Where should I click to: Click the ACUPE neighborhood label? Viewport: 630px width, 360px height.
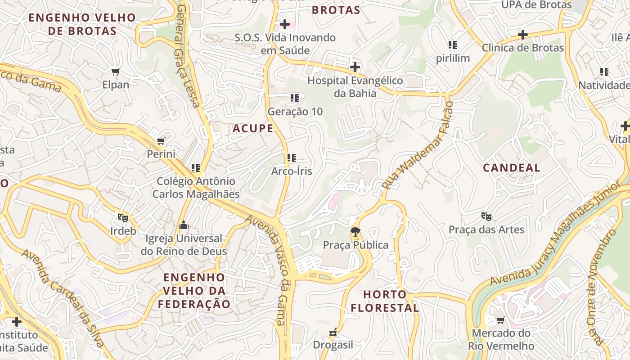click(253, 129)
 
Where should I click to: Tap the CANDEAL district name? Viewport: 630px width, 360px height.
click(512, 168)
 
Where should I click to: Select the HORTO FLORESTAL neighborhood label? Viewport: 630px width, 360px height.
click(385, 301)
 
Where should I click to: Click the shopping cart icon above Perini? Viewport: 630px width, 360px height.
click(161, 141)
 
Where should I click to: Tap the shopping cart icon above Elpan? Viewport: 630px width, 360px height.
click(116, 72)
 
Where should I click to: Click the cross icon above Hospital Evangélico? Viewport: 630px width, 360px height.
click(355, 67)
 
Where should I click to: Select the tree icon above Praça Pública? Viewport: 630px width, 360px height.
click(355, 232)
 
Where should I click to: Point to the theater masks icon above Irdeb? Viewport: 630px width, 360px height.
click(122, 218)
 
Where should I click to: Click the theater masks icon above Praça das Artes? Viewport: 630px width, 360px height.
click(486, 216)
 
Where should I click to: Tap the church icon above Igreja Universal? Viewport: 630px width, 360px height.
click(184, 225)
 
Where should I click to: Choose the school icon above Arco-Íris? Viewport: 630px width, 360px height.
click(292, 158)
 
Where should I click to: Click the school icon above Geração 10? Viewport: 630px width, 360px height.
click(295, 98)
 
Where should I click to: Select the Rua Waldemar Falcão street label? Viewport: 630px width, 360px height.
click(417, 145)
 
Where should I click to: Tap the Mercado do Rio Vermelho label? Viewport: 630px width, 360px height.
click(501, 340)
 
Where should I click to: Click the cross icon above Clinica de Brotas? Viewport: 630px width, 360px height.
click(522, 35)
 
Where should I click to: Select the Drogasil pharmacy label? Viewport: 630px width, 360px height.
click(333, 345)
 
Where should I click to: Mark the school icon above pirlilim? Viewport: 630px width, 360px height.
click(453, 45)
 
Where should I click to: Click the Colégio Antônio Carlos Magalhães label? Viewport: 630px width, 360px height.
click(196, 187)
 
